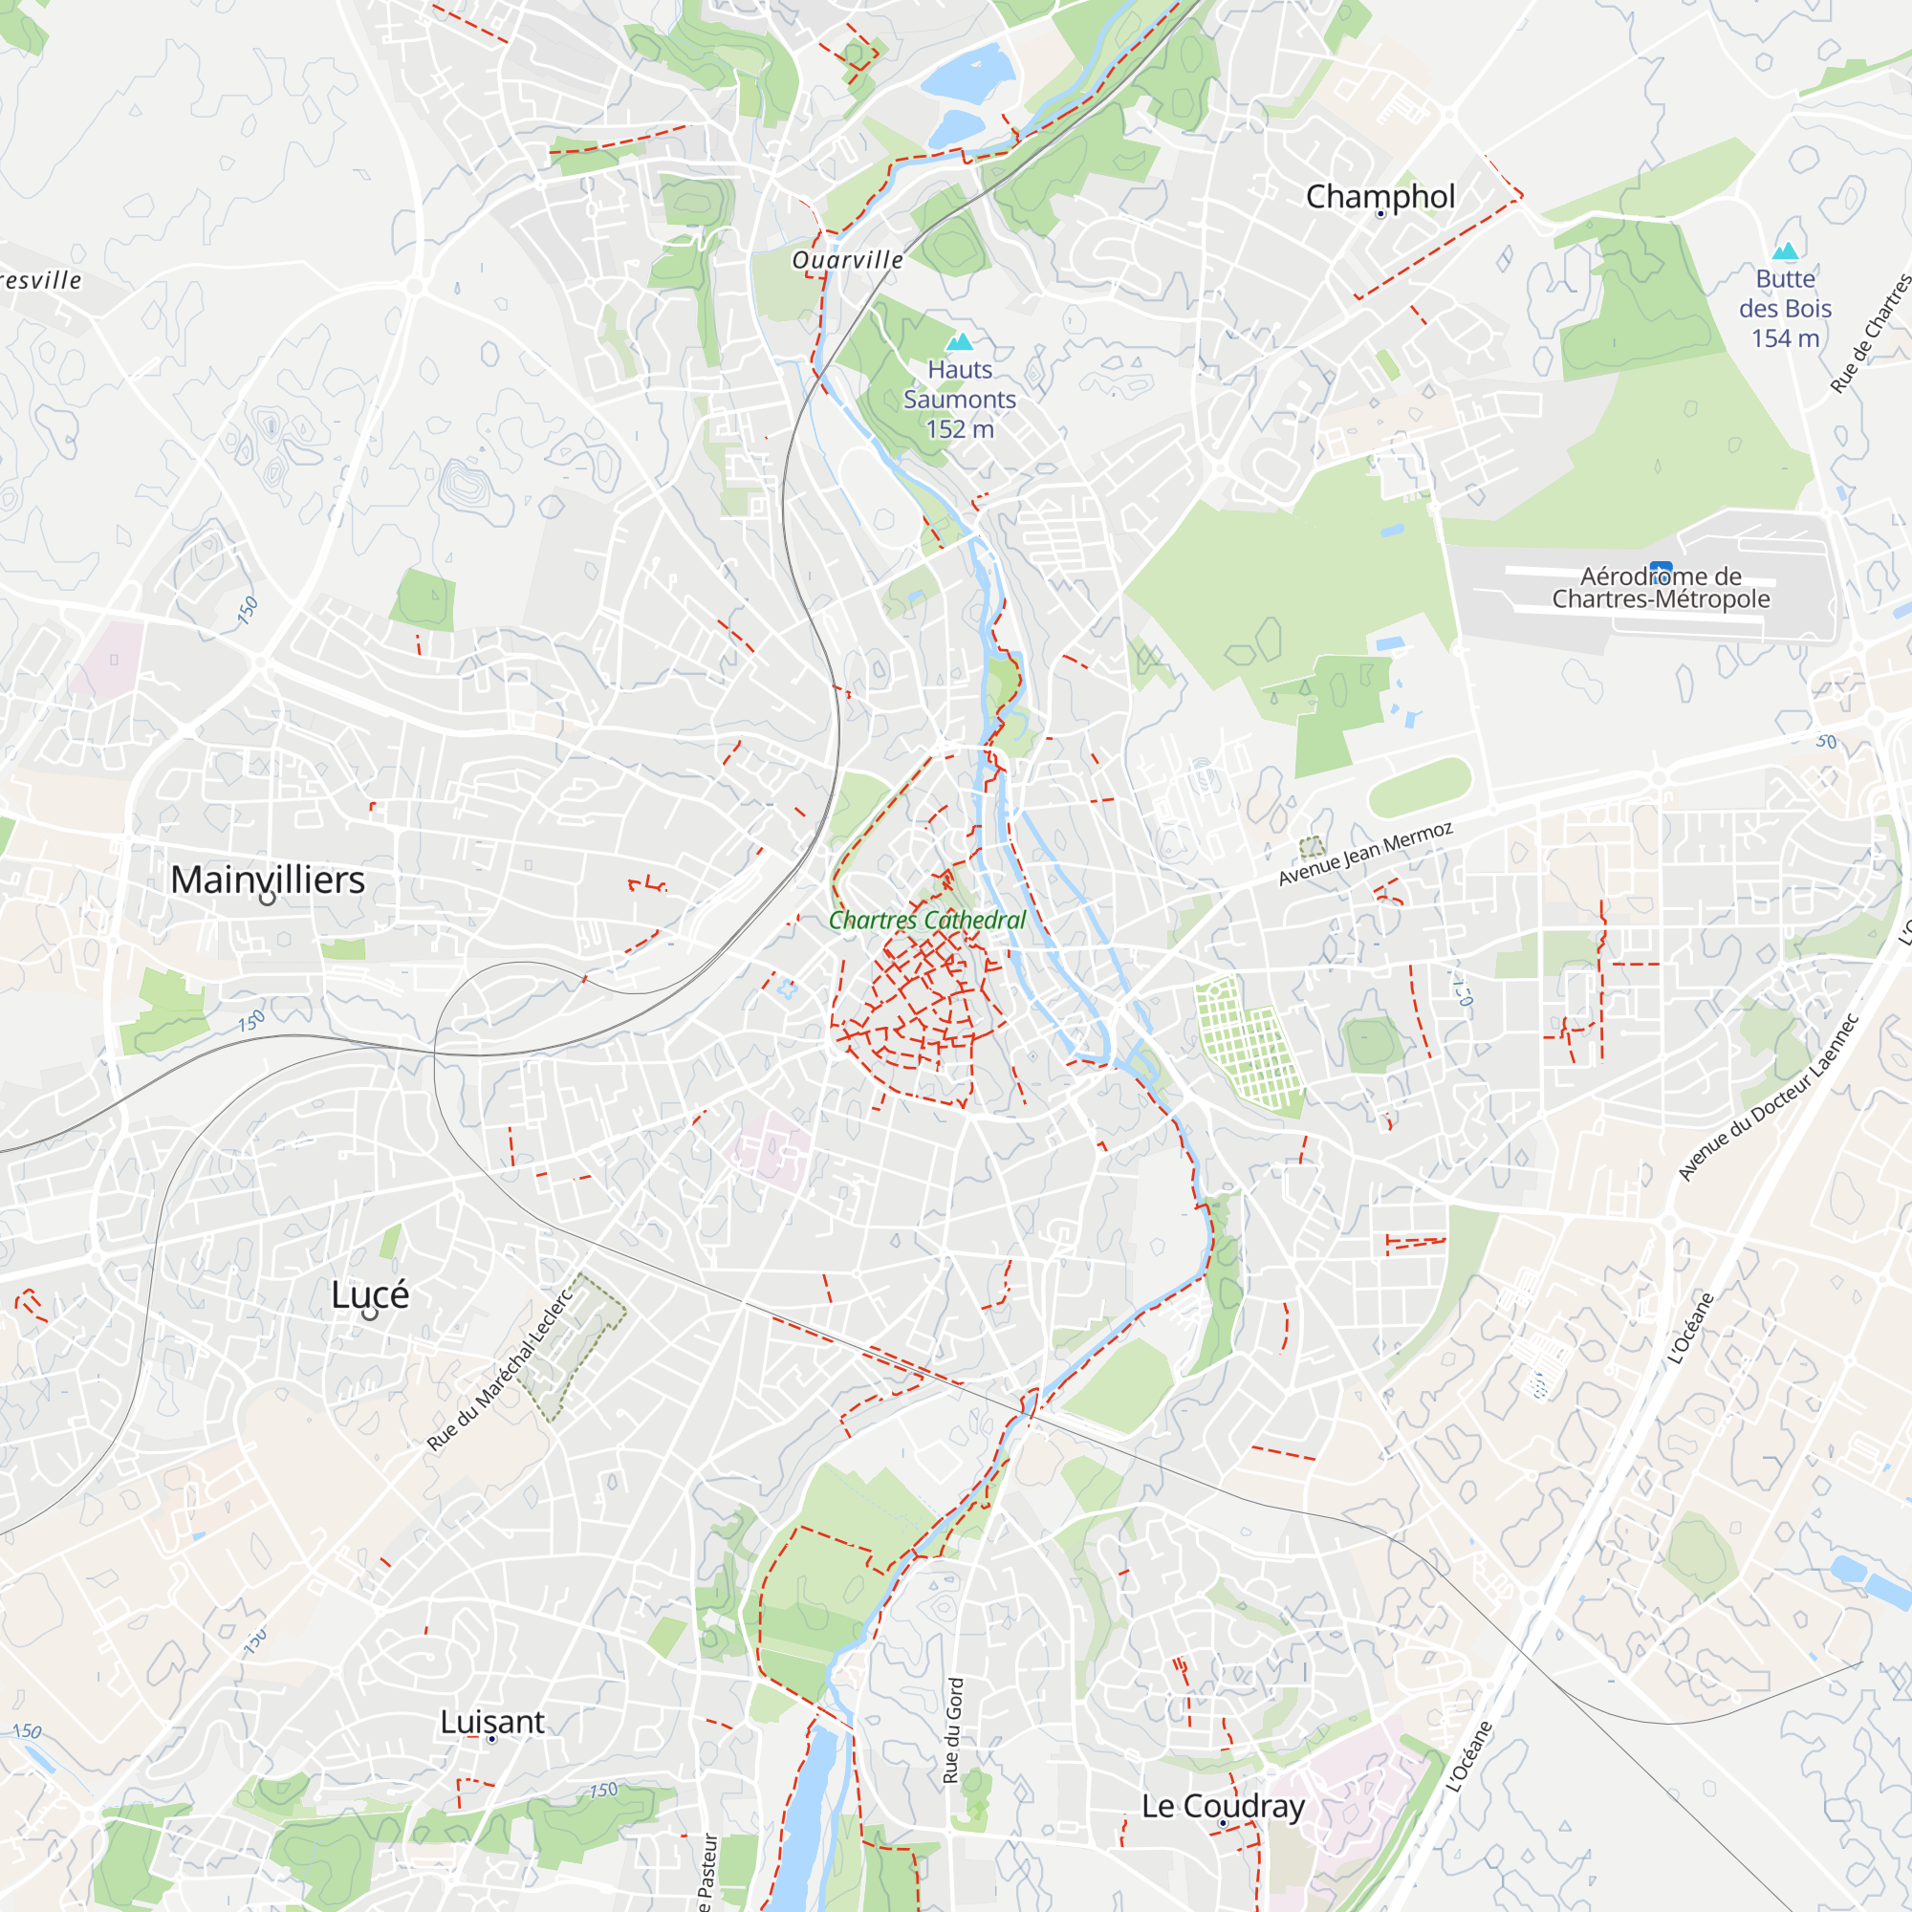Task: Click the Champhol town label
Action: pos(1380,196)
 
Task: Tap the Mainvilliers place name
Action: pos(268,879)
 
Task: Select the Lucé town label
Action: pos(369,1293)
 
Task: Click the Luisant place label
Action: pos(491,1721)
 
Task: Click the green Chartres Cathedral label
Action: pos(926,920)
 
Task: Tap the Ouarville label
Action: pos(847,260)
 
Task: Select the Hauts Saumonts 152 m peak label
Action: pos(959,399)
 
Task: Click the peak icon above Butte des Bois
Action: pos(1784,250)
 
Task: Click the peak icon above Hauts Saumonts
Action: pos(959,342)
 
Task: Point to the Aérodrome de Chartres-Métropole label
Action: pos(1660,588)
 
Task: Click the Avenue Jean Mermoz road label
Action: pos(1365,853)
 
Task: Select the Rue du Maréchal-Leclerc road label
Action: pos(499,1370)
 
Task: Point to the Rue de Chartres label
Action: pos(1871,333)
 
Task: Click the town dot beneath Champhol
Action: pos(1380,214)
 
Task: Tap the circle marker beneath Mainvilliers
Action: pos(268,899)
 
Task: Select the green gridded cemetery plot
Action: pos(1247,1047)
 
